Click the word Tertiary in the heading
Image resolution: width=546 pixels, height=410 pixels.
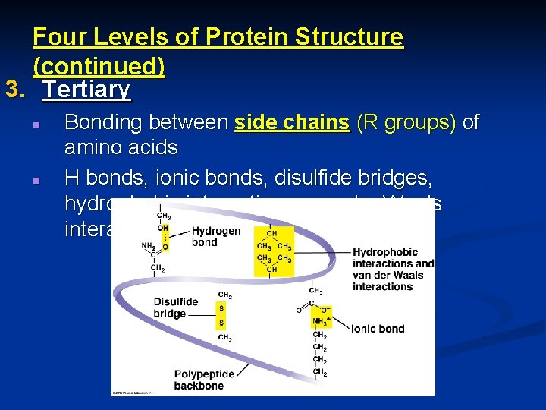coord(86,90)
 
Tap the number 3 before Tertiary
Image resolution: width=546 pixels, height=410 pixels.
coord(13,90)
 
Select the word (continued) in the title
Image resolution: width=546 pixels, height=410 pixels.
coord(99,66)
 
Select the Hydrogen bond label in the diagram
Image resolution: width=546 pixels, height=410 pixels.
coord(215,236)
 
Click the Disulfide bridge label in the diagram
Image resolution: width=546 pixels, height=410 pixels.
coord(175,307)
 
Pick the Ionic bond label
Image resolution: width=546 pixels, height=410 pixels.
coord(377,329)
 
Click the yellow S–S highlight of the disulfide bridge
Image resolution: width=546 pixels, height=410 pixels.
coord(221,315)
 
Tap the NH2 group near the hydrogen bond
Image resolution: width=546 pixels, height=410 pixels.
coord(148,245)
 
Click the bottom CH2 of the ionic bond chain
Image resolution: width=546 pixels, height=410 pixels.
coord(320,372)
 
